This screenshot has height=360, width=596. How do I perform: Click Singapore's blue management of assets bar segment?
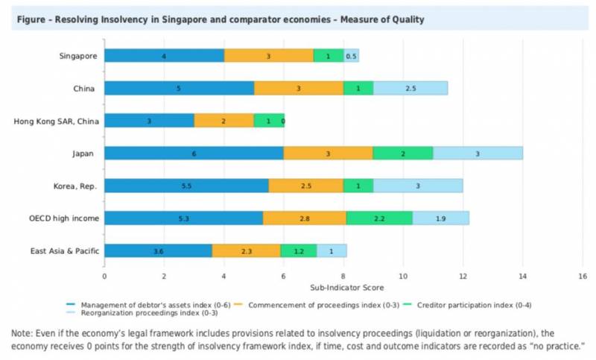(164, 55)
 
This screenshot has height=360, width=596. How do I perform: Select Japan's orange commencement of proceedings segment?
(328, 153)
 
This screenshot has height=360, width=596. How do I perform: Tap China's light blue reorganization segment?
(410, 88)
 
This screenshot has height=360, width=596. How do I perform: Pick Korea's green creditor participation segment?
(358, 186)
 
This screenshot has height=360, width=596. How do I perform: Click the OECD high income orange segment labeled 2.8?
(305, 218)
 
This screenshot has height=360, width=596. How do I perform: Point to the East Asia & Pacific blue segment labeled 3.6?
(158, 251)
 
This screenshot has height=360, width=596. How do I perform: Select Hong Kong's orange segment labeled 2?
(223, 121)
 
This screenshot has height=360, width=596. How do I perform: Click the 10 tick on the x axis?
(403, 276)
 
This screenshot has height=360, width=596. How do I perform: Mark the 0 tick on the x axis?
(104, 276)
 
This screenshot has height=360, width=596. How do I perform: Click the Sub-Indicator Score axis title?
(342, 286)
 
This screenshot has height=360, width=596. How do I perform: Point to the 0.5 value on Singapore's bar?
(352, 56)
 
